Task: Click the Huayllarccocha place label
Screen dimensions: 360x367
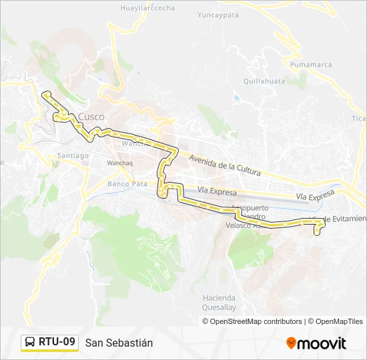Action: (147, 8)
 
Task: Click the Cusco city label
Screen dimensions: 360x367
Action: (91, 117)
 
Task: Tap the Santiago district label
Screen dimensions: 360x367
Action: (73, 155)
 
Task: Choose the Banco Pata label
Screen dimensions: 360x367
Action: (127, 183)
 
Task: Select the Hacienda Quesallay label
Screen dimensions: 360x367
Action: (219, 303)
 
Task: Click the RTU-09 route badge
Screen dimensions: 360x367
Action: (57, 342)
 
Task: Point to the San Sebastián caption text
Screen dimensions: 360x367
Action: (119, 343)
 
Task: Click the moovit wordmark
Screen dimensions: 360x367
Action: (322, 343)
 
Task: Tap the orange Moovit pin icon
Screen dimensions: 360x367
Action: (291, 343)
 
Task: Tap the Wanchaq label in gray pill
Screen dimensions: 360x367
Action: (120, 163)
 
